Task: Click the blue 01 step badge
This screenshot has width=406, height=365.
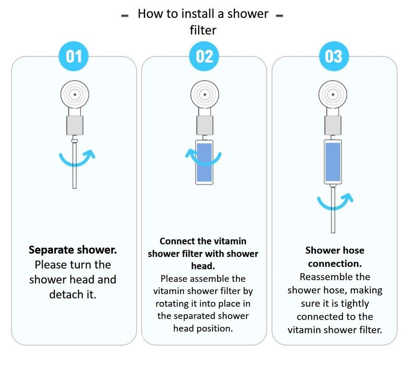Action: pyautogui.click(x=74, y=56)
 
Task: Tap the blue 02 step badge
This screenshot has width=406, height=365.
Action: pyautogui.click(x=204, y=56)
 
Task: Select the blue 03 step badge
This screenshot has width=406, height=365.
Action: pyautogui.click(x=333, y=56)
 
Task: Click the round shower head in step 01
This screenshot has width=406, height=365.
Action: pyautogui.click(x=75, y=94)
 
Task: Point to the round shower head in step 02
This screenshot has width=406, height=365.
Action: pyautogui.click(x=205, y=94)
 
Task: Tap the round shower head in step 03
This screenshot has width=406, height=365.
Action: pyautogui.click(x=333, y=94)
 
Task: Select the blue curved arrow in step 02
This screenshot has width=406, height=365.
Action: pyautogui.click(x=203, y=158)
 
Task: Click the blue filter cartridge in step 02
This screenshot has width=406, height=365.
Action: pyautogui.click(x=205, y=162)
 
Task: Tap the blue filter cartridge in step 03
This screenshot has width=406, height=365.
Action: pyautogui.click(x=333, y=162)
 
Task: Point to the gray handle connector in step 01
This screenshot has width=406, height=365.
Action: pyautogui.click(x=75, y=125)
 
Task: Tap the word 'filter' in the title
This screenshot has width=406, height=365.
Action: pyautogui.click(x=203, y=30)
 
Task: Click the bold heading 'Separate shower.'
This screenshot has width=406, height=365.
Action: pyautogui.click(x=73, y=250)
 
